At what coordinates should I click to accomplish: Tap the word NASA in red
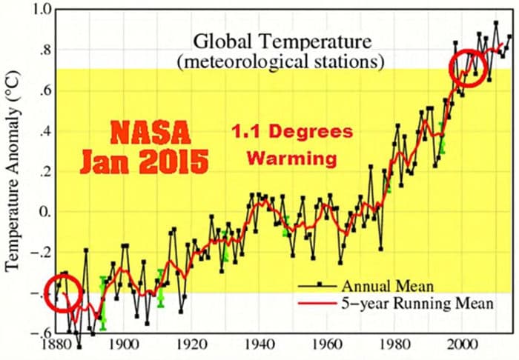tap(151, 136)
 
